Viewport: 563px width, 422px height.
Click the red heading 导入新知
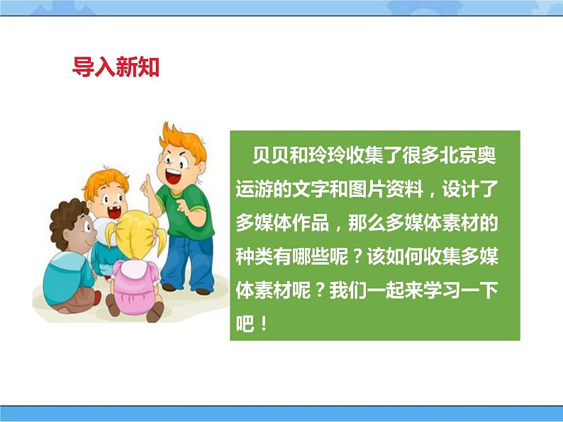point(116,67)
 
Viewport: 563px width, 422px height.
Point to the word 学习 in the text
point(445,291)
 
